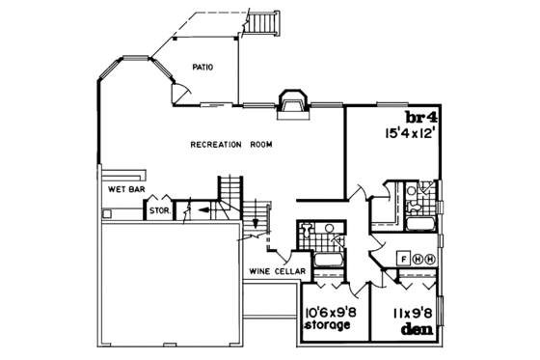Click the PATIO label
(202, 68)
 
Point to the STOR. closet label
(158, 206)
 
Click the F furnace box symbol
(403, 260)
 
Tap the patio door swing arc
(178, 92)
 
